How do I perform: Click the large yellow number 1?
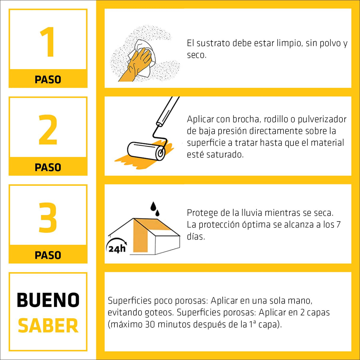(47, 42)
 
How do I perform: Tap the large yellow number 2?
(48, 130)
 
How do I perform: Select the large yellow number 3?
(48, 218)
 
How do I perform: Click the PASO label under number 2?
(48, 167)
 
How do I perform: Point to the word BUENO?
(48, 300)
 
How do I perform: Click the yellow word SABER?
(48, 326)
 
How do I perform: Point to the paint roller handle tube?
(168, 111)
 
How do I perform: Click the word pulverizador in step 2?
(322, 119)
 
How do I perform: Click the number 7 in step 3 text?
(338, 225)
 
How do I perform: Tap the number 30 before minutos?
(150, 324)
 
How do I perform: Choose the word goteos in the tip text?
(159, 313)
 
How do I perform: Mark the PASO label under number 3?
(48, 255)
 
